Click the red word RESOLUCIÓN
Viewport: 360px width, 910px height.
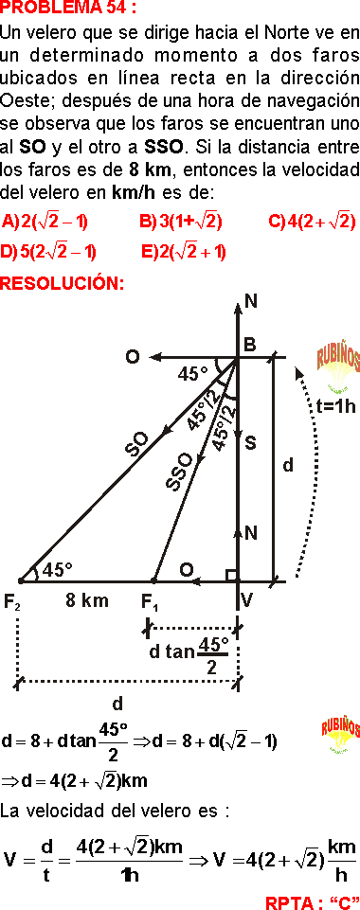[x=63, y=283]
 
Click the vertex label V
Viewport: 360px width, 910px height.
[x=246, y=599]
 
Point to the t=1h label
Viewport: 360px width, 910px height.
[x=335, y=406]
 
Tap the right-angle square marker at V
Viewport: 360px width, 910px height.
[x=230, y=575]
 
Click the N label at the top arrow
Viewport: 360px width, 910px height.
[x=251, y=302]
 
